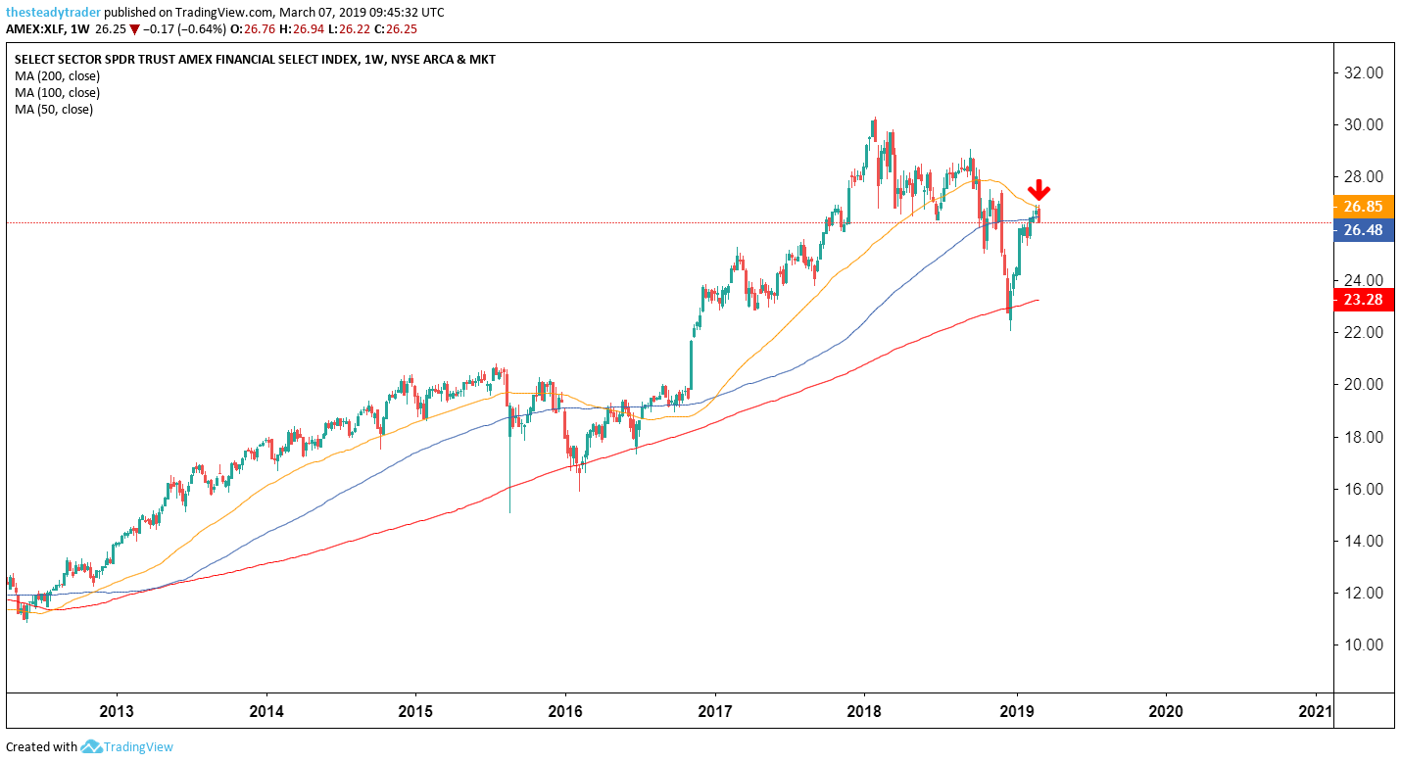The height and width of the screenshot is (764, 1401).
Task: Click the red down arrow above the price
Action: [x=1039, y=191]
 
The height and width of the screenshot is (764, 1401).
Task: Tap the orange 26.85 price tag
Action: [x=1362, y=207]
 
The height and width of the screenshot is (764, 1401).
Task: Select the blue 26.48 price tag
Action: [x=1362, y=231]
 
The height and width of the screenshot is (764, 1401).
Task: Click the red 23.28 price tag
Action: [x=1362, y=300]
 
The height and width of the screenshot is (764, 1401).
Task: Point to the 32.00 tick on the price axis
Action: [x=1362, y=72]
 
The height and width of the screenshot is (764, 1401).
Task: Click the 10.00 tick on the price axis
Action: [x=1362, y=645]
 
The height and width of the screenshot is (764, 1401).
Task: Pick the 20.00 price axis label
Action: [x=1362, y=384]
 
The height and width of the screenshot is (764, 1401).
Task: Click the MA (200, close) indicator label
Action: [x=57, y=75]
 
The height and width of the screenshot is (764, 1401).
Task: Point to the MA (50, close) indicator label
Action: [x=54, y=109]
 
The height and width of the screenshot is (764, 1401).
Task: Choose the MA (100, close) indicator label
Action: [x=57, y=92]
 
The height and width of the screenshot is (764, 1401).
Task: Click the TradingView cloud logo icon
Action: [x=92, y=747]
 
